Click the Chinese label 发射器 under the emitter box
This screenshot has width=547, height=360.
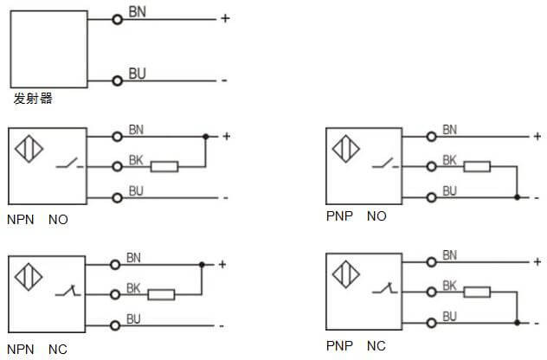pyautogui.click(x=33, y=99)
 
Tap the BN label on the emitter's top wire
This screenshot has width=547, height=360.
pyautogui.click(x=137, y=11)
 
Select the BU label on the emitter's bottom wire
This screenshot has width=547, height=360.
pyautogui.click(x=137, y=74)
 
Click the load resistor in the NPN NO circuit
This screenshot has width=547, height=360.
pyautogui.click(x=164, y=166)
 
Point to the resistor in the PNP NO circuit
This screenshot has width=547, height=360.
pyautogui.click(x=475, y=166)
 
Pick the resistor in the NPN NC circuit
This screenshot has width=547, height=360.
pyautogui.click(x=161, y=295)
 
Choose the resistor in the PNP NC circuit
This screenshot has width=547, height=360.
pyautogui.click(x=475, y=292)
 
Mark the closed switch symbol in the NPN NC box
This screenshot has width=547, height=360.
pyautogui.click(x=68, y=293)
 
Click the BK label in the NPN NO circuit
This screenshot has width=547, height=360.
pyautogui.click(x=136, y=159)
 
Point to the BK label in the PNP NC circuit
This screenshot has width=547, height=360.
pyautogui.click(x=449, y=285)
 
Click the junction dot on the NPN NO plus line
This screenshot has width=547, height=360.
pyautogui.click(x=205, y=137)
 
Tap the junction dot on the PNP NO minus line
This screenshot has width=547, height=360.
pyautogui.click(x=517, y=197)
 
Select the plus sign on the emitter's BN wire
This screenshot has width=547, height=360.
pyautogui.click(x=225, y=18)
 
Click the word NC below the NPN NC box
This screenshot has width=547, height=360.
pyautogui.click(x=58, y=350)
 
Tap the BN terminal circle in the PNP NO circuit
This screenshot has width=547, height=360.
pyautogui.click(x=430, y=136)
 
